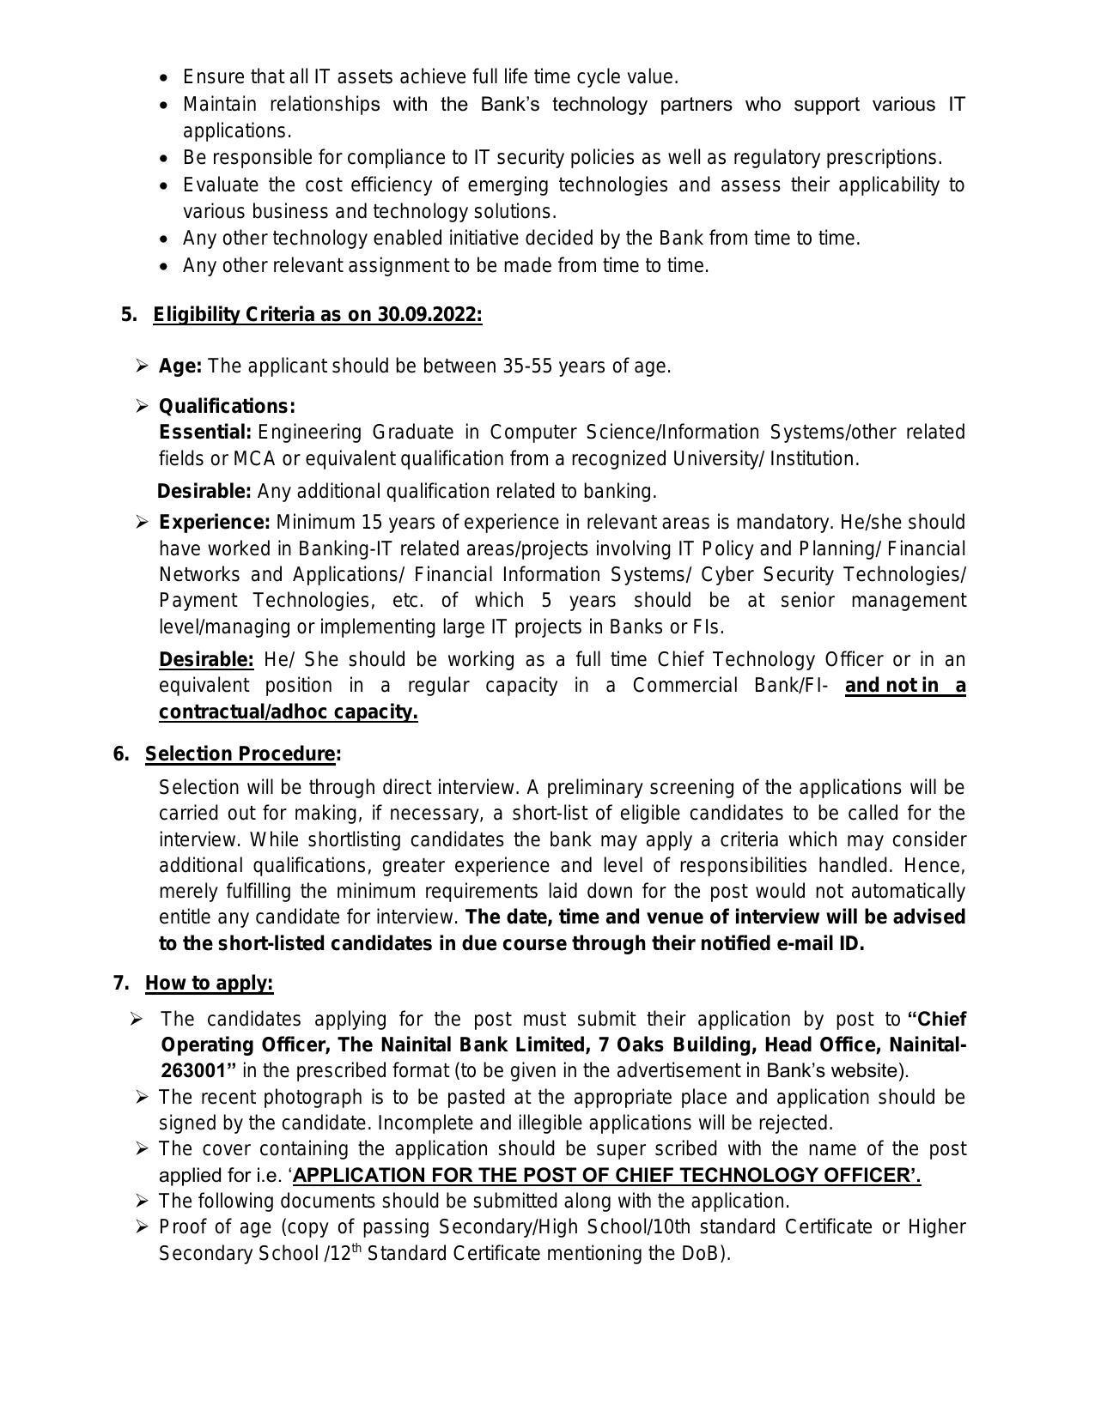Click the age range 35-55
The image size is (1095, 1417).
527,366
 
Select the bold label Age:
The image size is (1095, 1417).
180,366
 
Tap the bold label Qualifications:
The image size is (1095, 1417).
227,406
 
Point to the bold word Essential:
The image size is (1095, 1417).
205,432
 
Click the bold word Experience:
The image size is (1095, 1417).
215,523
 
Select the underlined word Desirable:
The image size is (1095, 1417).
206,660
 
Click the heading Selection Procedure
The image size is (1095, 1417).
240,754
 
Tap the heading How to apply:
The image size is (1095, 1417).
209,984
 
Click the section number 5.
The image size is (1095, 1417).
129,315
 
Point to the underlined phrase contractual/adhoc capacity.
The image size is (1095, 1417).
288,712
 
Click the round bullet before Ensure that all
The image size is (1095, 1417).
166,78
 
